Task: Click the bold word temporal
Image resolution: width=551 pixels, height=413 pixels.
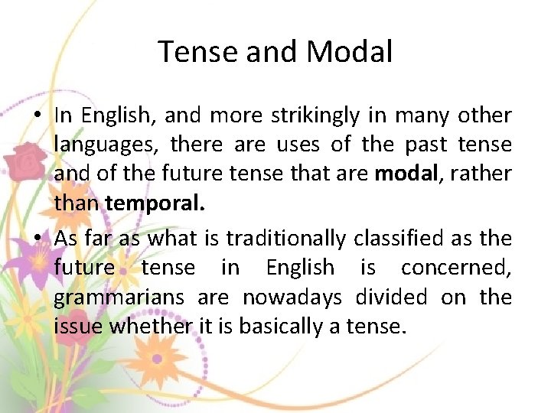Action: (x=155, y=203)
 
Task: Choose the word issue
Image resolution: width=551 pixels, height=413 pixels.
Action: (x=79, y=327)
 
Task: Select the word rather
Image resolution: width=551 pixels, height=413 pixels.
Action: (x=483, y=174)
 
